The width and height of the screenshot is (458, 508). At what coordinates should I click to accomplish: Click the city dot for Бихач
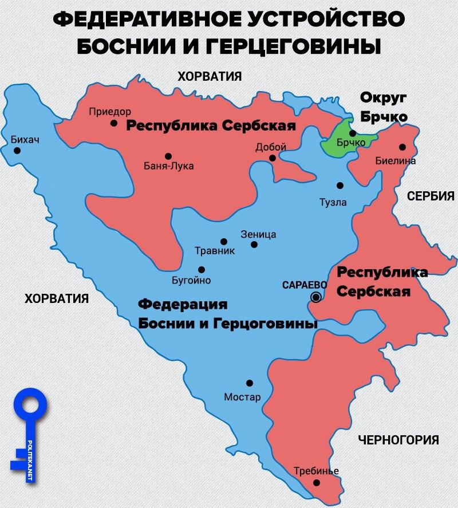[17, 151]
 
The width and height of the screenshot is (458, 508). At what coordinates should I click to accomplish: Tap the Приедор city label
[110, 111]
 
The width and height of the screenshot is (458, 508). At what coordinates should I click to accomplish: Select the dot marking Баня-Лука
[168, 156]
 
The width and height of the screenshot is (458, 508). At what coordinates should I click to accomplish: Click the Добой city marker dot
[273, 158]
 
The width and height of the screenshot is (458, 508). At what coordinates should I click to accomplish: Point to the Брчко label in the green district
[351, 141]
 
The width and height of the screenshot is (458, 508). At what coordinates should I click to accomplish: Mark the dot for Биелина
[402, 147]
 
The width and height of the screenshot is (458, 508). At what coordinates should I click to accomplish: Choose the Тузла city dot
[340, 186]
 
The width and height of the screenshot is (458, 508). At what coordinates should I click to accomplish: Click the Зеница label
[259, 234]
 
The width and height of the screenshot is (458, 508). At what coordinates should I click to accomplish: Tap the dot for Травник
[224, 242]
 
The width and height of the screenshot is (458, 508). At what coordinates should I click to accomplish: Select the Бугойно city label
[192, 281]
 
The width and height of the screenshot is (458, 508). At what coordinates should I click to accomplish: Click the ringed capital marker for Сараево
[315, 297]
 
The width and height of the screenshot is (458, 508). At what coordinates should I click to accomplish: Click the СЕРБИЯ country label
[431, 196]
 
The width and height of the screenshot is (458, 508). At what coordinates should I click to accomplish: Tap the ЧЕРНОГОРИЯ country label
[398, 440]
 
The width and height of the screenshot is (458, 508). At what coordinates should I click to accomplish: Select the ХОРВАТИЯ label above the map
[210, 76]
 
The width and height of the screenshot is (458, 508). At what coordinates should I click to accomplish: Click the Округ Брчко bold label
[383, 106]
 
